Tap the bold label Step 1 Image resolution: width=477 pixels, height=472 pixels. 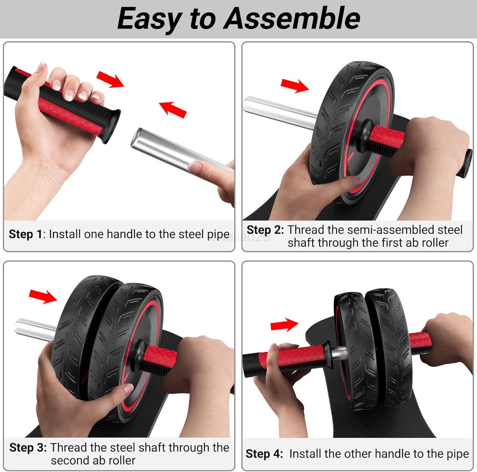[25, 234]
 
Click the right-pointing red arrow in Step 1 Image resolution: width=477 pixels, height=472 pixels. [110, 79]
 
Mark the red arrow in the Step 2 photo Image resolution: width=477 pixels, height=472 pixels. [294, 85]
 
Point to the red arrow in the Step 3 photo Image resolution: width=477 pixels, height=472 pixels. [43, 296]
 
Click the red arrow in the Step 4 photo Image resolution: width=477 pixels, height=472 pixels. [284, 325]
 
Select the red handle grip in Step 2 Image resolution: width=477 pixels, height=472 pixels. [386, 137]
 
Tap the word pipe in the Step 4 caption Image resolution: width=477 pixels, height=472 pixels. [458, 454]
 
